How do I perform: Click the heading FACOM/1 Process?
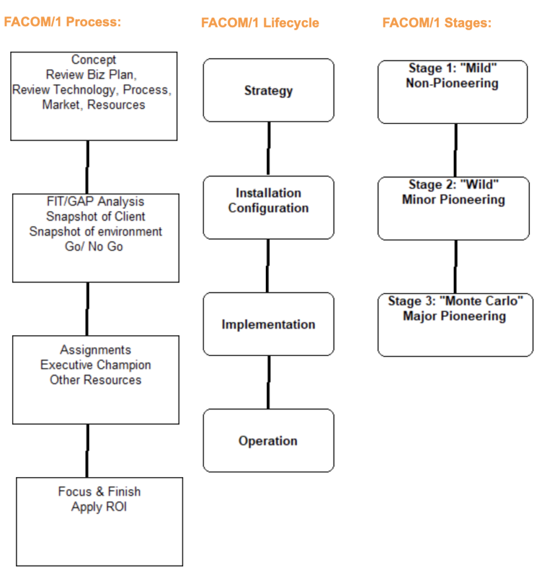(63, 22)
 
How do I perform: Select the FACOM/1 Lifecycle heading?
(260, 23)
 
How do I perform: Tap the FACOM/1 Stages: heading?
(436, 23)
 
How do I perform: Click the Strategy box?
(269, 90)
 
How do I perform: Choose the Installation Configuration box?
(269, 207)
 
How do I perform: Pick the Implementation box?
(269, 324)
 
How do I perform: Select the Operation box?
(269, 440)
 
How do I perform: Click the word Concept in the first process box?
(94, 60)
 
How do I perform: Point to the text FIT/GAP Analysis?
(95, 202)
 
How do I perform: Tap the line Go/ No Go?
(94, 246)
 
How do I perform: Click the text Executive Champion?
(96, 365)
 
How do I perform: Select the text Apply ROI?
(99, 507)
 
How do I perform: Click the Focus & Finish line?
(99, 492)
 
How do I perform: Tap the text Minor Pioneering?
(454, 199)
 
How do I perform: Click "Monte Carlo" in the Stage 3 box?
(481, 301)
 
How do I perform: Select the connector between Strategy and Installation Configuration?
(269, 149)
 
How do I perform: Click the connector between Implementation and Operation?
(269, 382)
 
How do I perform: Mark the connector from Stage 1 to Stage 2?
(455, 150)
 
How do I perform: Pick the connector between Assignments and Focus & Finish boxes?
(87, 451)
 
